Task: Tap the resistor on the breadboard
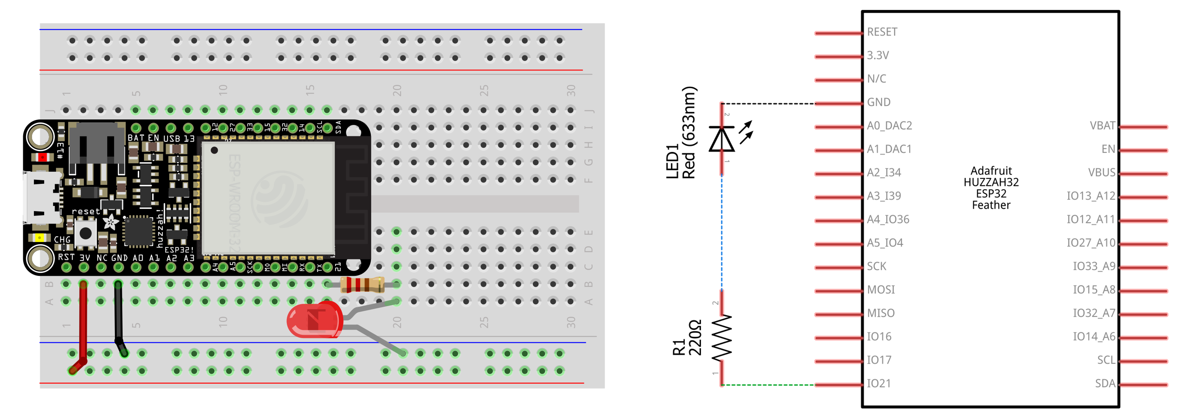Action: point(362,284)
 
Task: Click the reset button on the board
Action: point(85,233)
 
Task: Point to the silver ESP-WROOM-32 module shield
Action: point(268,198)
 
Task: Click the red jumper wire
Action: point(83,323)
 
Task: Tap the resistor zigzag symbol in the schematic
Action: point(722,337)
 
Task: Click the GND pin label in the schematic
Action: point(878,102)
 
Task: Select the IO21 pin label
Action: point(878,383)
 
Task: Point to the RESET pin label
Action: point(882,32)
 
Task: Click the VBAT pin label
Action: point(1102,125)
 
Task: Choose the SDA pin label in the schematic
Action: point(1105,383)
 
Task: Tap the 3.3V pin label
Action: point(877,55)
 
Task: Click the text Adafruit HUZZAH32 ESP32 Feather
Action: point(991,188)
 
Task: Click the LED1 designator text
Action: point(672,161)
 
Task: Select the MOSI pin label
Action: point(881,290)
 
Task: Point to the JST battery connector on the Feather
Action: point(97,148)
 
